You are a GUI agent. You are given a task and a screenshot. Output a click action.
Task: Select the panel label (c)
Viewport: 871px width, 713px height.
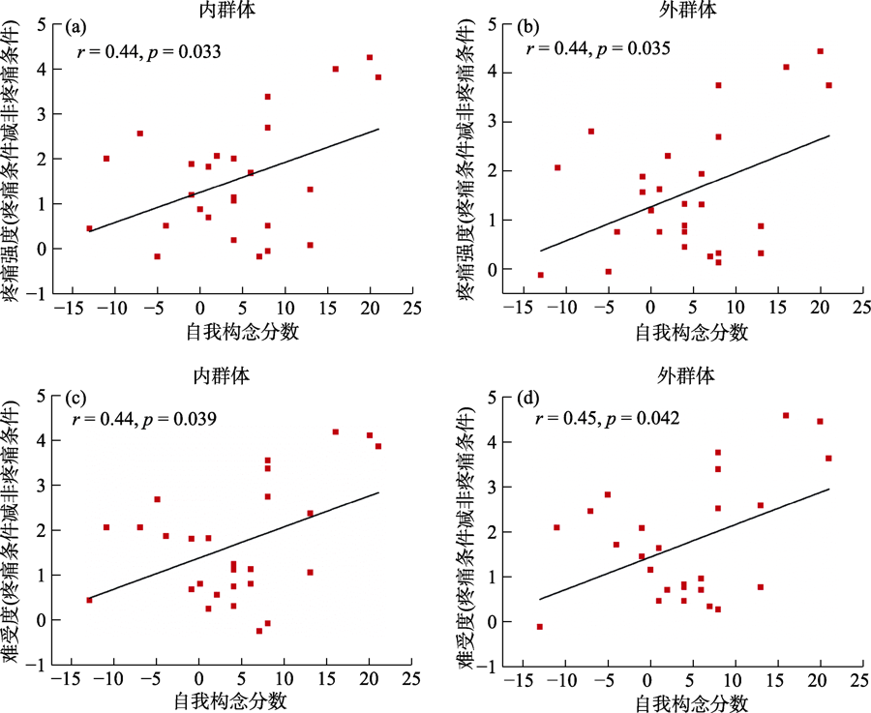75,399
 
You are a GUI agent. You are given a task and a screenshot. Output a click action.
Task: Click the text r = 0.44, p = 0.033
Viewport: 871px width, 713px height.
149,51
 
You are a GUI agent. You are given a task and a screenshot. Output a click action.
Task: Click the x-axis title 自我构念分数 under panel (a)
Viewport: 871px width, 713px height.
242,334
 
